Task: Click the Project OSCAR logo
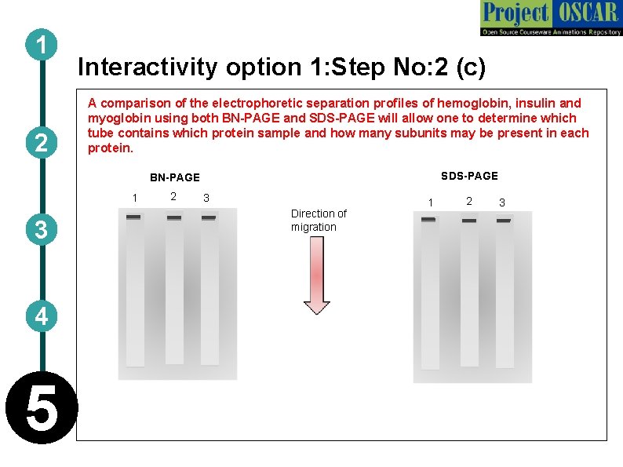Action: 550,18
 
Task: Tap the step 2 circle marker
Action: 40,142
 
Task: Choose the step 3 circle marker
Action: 40,229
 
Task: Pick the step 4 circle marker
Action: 40,316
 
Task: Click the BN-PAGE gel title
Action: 175,177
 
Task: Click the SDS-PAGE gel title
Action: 469,176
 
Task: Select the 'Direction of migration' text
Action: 318,220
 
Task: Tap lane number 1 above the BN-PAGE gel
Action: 134,197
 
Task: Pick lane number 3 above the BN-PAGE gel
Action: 206,198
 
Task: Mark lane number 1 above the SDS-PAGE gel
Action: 428,203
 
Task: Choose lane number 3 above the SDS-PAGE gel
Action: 502,203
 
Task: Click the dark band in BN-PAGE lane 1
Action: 134,217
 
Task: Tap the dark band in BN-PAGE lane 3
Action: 209,217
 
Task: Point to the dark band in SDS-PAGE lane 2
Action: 468,221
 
